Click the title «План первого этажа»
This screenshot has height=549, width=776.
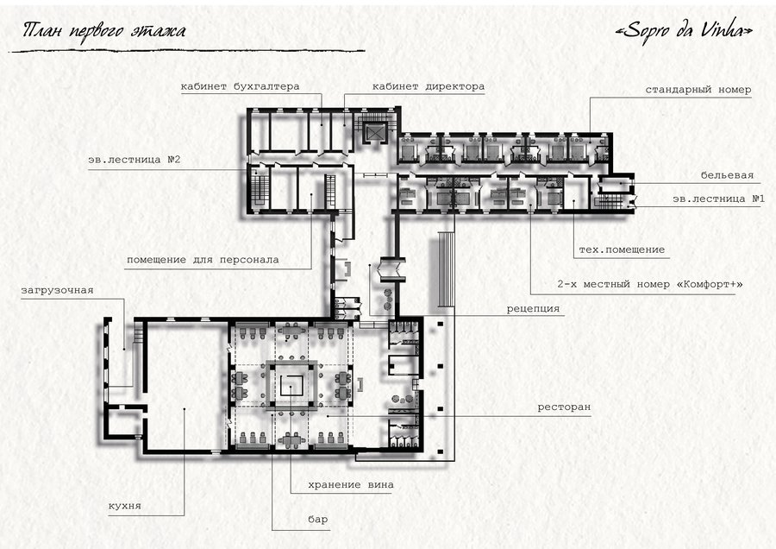coord(104,31)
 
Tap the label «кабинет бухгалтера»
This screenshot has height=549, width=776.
coord(240,86)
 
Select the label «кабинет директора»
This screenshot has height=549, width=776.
coord(428,86)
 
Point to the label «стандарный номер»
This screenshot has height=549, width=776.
coord(698,90)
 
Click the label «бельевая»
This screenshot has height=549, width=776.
coord(727,175)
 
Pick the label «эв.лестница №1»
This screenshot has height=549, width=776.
coord(718,199)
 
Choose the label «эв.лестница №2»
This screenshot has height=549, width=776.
coord(135,160)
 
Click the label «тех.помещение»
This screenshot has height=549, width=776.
coord(622,249)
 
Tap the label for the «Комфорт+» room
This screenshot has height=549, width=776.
coord(650,284)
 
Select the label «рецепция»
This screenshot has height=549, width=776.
coord(533,309)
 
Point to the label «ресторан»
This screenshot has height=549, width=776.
coord(564,407)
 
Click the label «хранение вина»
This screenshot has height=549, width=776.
coord(351,484)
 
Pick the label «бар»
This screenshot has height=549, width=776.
coord(317,520)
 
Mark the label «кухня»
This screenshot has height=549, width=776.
coord(125,506)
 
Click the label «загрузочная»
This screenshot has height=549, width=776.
coord(57,290)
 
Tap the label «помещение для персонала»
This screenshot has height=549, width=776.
coord(203,260)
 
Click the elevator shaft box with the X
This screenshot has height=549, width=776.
coord(374,132)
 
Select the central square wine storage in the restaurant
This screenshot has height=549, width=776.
coord(291,385)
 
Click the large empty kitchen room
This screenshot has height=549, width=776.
coord(185,387)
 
